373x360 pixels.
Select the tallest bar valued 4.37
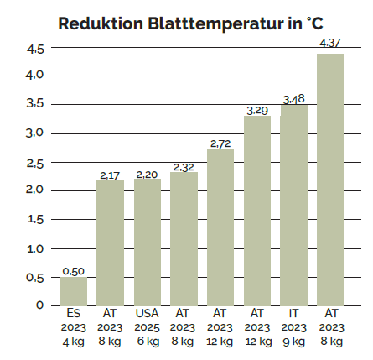click(330, 179)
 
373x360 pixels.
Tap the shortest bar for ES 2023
click(74, 290)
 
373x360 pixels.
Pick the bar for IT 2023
click(294, 205)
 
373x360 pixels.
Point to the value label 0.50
click(74, 271)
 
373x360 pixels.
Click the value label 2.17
click(111, 175)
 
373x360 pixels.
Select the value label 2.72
click(220, 143)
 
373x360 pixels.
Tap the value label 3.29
click(257, 110)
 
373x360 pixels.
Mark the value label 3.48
click(294, 99)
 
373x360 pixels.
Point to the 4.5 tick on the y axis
click(34, 49)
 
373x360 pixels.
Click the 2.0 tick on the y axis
click(34, 190)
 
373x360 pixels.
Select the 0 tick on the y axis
click(39, 305)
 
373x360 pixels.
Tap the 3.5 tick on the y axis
click(34, 105)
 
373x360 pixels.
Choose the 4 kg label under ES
click(74, 342)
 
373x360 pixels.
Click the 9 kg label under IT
click(294, 342)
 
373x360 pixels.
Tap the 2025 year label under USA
click(147, 328)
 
